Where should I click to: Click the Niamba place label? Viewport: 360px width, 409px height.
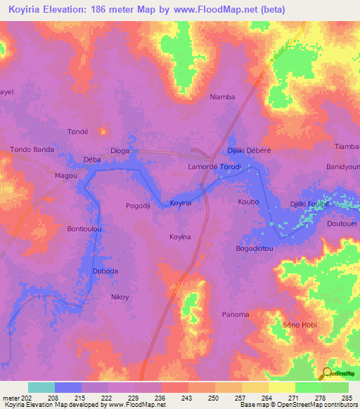coord(222,98)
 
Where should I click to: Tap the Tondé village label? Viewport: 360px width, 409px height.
coord(77,131)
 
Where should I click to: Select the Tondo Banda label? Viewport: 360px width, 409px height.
coord(32,150)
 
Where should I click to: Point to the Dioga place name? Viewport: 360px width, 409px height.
coord(120,150)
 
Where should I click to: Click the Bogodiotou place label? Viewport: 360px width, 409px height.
coord(254,249)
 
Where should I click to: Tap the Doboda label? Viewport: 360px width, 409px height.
coord(105,271)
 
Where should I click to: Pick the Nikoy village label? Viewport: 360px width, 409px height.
coord(120,297)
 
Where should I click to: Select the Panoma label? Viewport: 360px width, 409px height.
coord(236,314)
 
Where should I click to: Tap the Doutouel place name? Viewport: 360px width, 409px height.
coord(342,223)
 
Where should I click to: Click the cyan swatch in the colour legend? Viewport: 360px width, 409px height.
coord(41,387)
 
